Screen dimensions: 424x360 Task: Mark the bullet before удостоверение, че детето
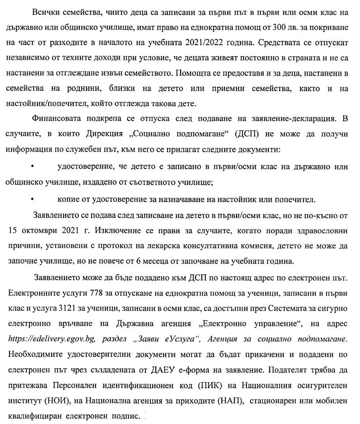click(x=32, y=167)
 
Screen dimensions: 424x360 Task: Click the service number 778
click(x=97, y=293)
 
